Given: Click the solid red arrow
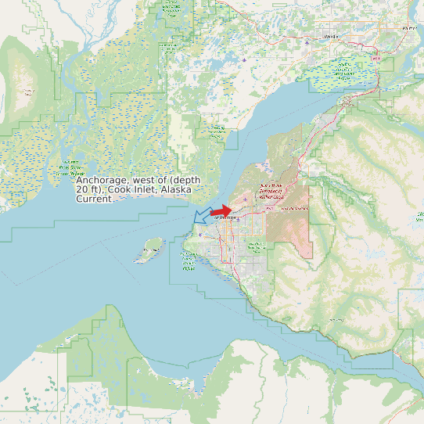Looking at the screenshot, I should point(221,211).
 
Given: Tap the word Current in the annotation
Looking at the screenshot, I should point(94,199).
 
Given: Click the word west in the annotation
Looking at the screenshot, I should point(143,181).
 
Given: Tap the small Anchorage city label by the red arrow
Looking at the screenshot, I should point(224,219).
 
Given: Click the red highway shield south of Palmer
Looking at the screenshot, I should point(377,59).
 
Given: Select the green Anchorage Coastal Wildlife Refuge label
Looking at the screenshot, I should point(189,263).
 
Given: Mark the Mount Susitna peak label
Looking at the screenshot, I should point(27,92).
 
